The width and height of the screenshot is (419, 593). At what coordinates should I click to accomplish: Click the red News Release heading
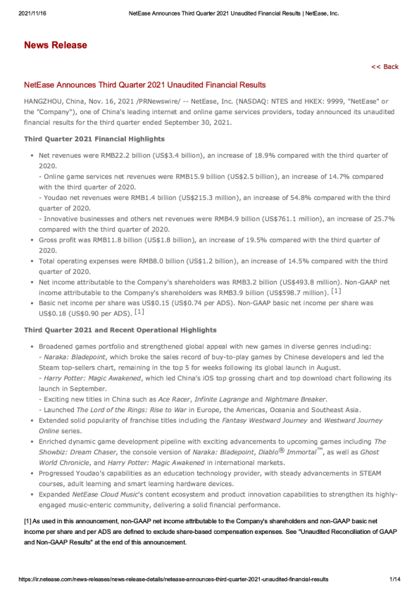point(56,45)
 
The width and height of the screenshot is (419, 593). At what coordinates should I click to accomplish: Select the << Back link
point(384,67)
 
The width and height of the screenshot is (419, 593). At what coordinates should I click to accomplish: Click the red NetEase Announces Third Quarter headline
point(144,85)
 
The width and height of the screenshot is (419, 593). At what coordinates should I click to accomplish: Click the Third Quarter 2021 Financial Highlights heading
point(94,139)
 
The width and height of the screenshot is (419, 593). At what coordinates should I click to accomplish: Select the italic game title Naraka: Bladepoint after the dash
point(73,356)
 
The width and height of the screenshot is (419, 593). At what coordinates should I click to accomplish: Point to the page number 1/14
point(394,579)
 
